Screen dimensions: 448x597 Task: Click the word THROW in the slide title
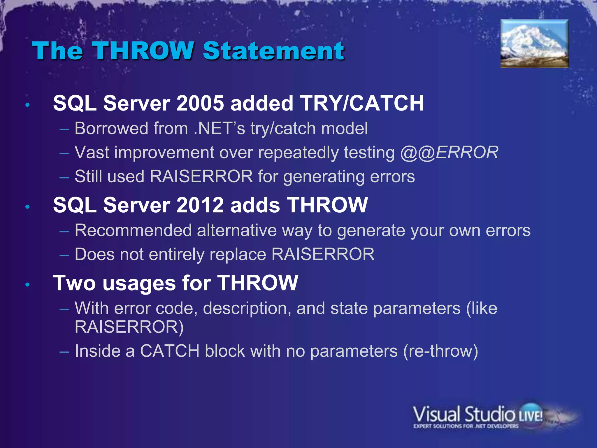(143, 51)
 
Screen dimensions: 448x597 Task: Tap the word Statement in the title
(273, 51)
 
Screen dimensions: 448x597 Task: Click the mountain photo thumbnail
(535, 44)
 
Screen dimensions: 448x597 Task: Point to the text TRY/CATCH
(362, 103)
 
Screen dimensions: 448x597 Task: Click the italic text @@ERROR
(449, 153)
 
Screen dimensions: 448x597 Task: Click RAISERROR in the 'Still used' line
(201, 176)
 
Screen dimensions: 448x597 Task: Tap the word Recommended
(133, 230)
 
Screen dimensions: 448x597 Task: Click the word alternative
(237, 230)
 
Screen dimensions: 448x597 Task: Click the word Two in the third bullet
(74, 283)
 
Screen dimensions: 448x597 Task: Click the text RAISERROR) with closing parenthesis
(129, 327)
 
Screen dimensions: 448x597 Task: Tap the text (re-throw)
(440, 351)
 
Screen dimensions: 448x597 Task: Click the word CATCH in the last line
(170, 351)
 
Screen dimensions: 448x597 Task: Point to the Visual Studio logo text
(463, 414)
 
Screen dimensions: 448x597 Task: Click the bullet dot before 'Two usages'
(28, 284)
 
